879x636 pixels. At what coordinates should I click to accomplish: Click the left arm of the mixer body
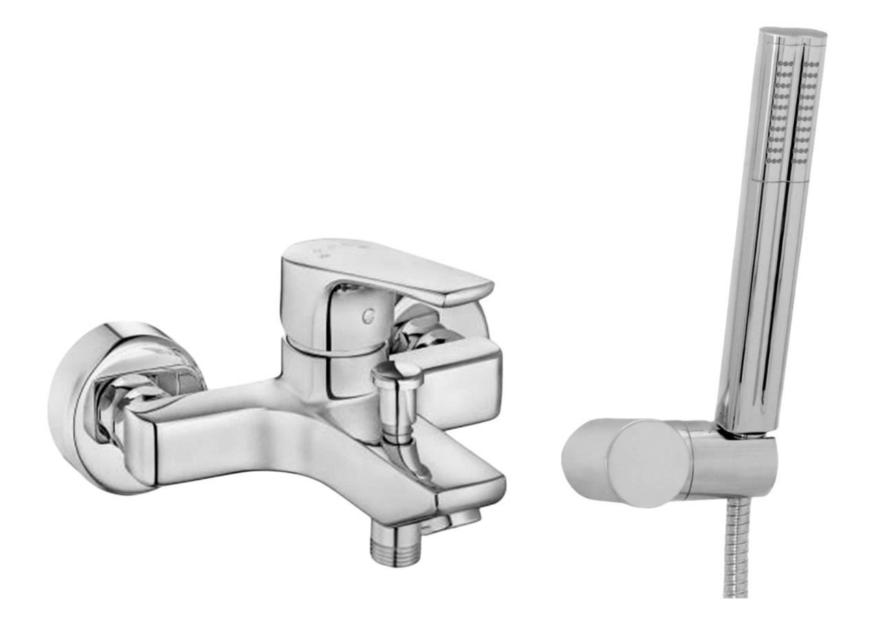pyautogui.click(x=199, y=440)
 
